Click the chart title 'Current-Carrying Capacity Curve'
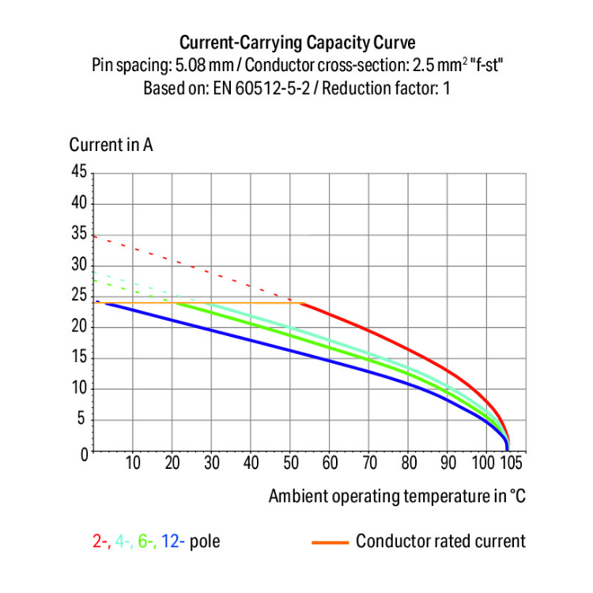point(296,42)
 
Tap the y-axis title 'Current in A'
point(111,145)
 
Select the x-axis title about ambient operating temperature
point(397,497)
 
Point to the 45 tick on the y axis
point(77,172)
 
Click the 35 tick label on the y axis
point(77,234)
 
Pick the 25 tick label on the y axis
point(77,296)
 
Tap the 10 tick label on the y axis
point(77,390)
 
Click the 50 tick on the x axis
point(290,463)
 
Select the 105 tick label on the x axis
point(512,463)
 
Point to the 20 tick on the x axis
point(172,463)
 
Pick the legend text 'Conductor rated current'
point(440,542)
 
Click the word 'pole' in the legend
point(205,542)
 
